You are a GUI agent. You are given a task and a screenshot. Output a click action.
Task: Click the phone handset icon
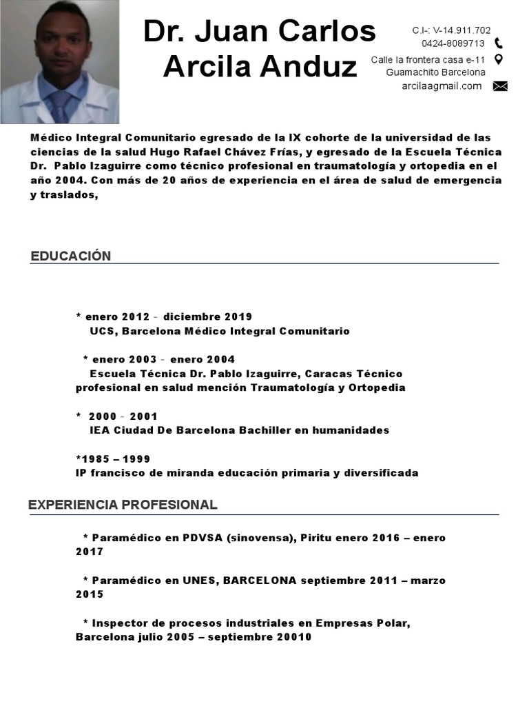[x=499, y=43]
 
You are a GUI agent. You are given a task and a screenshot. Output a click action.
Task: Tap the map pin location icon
[x=499, y=59]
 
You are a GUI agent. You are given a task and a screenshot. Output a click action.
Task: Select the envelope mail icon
[x=500, y=86]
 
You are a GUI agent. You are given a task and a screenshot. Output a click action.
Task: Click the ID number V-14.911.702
[x=461, y=30]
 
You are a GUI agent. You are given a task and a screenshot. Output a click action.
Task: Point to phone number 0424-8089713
[x=453, y=43]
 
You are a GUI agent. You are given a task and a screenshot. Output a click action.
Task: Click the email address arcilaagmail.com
[x=442, y=85]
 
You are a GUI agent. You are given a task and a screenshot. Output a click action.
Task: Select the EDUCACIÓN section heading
[x=70, y=256]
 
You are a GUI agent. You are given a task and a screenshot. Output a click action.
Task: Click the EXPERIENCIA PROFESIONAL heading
[x=123, y=505]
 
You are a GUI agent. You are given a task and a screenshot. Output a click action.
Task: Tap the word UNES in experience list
[x=200, y=581]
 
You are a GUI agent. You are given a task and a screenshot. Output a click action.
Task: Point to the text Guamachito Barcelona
[x=435, y=72]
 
